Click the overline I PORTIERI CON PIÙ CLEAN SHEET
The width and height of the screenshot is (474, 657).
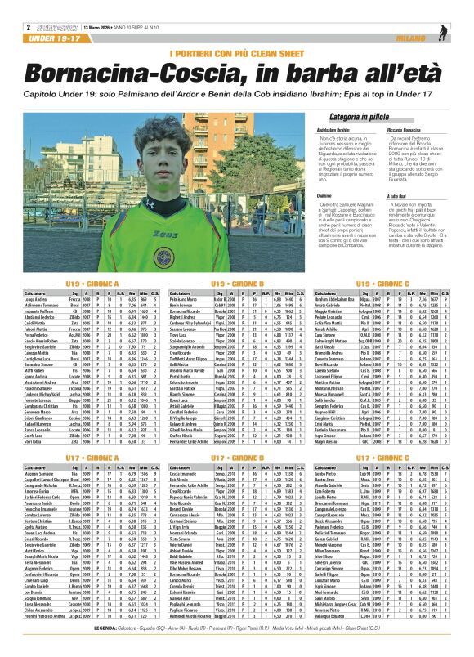[236, 54]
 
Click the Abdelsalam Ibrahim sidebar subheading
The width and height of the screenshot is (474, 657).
[328, 129]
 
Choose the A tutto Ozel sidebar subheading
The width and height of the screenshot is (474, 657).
[398, 195]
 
